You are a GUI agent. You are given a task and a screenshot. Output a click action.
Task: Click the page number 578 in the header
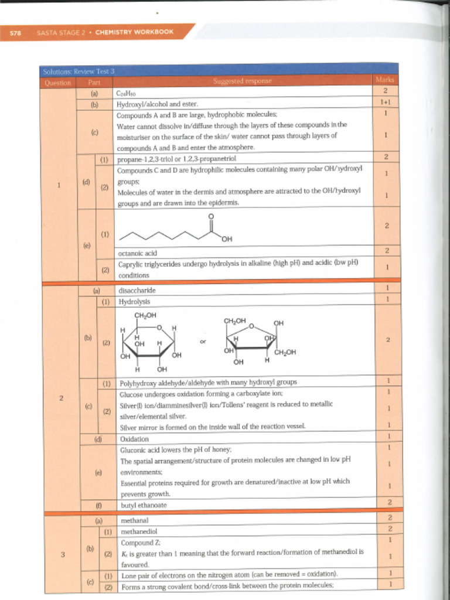click(x=15, y=33)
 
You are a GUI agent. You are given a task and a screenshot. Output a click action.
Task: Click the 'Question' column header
click(x=57, y=83)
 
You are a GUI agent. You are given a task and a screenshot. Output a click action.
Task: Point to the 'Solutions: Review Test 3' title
click(x=79, y=71)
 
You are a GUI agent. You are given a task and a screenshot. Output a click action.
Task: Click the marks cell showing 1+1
click(x=386, y=103)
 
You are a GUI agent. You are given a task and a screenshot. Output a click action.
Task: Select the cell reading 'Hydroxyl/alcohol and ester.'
click(x=158, y=104)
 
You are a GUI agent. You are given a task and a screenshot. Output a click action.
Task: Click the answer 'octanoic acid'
click(x=138, y=253)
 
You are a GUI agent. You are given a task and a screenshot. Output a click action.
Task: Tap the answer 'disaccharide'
click(x=137, y=290)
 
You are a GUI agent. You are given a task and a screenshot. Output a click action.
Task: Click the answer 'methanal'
click(x=134, y=520)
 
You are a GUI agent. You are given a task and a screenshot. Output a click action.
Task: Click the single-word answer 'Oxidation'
click(x=134, y=439)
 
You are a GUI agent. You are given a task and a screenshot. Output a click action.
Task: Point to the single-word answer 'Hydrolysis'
click(x=134, y=302)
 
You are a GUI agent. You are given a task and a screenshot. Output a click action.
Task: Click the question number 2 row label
click(x=61, y=398)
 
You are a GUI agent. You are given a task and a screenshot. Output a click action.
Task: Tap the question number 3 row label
click(x=62, y=554)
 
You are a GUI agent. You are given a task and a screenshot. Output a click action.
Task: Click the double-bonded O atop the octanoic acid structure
click(x=211, y=217)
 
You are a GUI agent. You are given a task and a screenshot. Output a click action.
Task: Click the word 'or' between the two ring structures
click(x=203, y=340)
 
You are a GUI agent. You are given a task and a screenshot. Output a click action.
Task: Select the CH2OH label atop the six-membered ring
click(x=145, y=315)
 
